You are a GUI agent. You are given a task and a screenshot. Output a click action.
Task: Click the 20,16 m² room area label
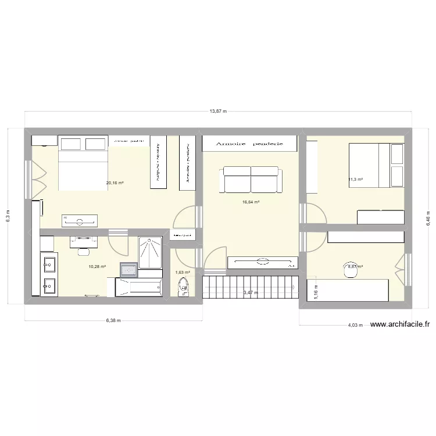[x=115, y=183]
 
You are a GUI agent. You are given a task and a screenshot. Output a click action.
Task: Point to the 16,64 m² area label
[x=251, y=202]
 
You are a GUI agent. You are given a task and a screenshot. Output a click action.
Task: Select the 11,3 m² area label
[x=355, y=180]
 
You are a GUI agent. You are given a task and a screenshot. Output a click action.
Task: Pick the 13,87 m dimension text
[x=218, y=110]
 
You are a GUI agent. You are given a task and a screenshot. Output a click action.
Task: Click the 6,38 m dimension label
[x=113, y=320]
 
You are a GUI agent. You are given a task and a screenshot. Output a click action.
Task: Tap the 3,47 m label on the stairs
[x=251, y=292]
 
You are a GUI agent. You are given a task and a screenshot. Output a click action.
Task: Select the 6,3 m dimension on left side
[x=8, y=215]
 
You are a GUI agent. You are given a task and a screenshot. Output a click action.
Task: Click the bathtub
[x=138, y=287]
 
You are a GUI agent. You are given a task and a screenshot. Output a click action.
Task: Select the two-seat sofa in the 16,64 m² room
[x=251, y=179]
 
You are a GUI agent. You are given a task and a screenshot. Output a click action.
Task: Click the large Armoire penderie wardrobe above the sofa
[x=251, y=143]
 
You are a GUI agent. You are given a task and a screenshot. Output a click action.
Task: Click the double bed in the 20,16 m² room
[x=84, y=163]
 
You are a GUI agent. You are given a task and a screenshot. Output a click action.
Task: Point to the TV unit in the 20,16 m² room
[x=80, y=220]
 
